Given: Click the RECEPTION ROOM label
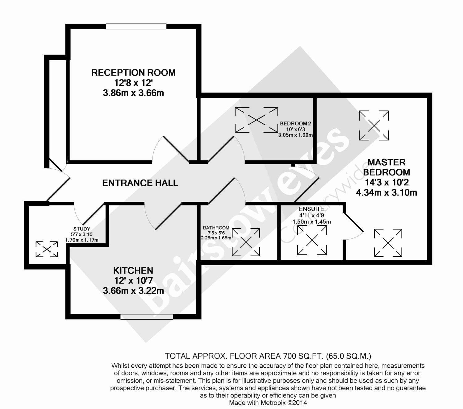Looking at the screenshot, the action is pyautogui.click(x=133, y=73).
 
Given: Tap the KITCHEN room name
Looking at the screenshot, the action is pyautogui.click(x=133, y=271).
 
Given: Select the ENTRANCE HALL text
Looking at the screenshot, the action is pyautogui.click(x=140, y=183).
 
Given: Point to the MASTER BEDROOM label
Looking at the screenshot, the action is pyautogui.click(x=386, y=167).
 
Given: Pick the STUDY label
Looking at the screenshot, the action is pyautogui.click(x=82, y=229).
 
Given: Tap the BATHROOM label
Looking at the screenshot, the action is pyautogui.click(x=216, y=228).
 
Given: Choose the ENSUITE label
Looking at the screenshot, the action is pyautogui.click(x=311, y=209).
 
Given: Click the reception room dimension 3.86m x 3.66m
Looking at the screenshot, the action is pyautogui.click(x=133, y=93).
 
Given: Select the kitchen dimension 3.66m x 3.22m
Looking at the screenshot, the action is pyautogui.click(x=133, y=291).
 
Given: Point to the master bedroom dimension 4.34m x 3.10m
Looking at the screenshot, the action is pyautogui.click(x=386, y=193).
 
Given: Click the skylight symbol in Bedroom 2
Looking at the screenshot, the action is pyautogui.click(x=257, y=120).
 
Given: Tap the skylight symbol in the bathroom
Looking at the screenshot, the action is pyautogui.click(x=246, y=242).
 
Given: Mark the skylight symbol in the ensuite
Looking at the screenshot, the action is pyautogui.click(x=312, y=240).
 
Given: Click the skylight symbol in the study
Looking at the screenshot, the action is pyautogui.click(x=47, y=249).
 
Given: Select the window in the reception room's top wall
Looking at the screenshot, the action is pyautogui.click(x=136, y=27).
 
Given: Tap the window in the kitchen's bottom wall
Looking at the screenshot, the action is pyautogui.click(x=147, y=317).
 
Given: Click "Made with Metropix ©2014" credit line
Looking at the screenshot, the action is pyautogui.click(x=268, y=403).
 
